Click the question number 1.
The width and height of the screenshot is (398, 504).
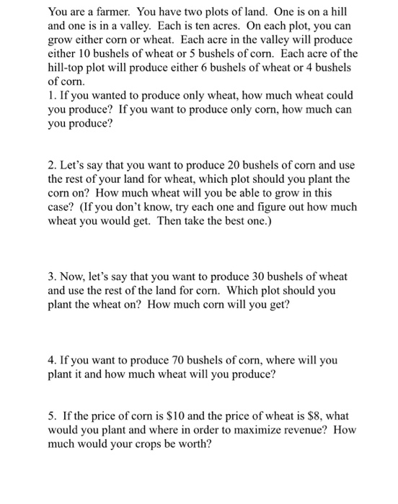coord(50,94)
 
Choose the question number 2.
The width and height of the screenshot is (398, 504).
coord(50,165)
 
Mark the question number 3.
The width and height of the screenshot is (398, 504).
coord(50,276)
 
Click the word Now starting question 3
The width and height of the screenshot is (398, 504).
coord(74,276)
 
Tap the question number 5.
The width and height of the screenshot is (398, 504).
coord(50,415)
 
